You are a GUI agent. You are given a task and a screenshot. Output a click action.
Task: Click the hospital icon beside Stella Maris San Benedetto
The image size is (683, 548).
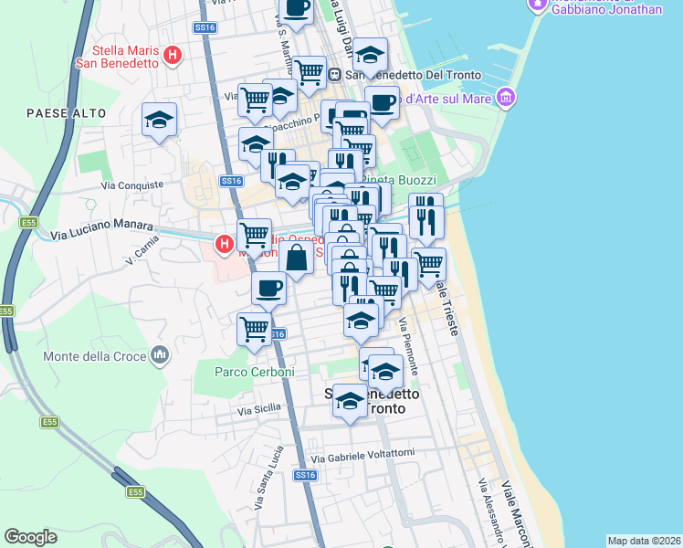click(171, 57)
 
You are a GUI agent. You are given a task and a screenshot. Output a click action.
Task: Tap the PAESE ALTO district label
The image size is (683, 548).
click(67, 113)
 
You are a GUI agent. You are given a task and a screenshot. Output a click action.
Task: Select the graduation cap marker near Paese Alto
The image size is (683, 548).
click(159, 120)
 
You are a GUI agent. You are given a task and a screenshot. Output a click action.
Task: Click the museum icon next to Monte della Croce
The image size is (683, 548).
click(161, 353)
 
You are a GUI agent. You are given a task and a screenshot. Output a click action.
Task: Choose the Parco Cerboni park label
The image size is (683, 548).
click(255, 372)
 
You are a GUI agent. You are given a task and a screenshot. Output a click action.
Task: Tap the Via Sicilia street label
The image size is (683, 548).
click(257, 412)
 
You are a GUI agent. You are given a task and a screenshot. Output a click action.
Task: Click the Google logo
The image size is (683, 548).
click(30, 537)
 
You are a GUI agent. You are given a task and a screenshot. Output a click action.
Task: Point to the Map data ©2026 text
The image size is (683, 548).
click(644, 541)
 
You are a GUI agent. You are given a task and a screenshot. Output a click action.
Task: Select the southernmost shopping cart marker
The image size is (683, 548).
click(254, 328)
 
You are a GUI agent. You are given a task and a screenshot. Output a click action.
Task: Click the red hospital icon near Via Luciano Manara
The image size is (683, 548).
click(223, 244)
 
